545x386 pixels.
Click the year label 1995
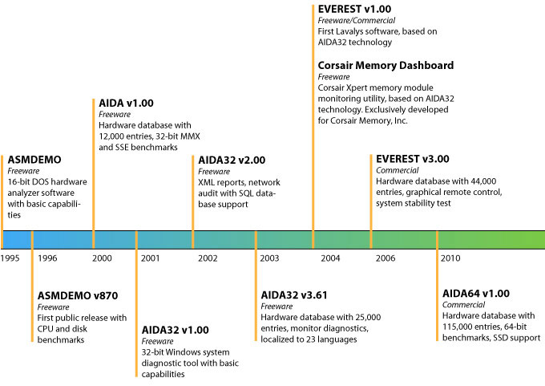(10, 258)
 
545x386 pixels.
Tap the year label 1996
(47, 258)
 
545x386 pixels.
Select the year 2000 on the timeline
(101, 258)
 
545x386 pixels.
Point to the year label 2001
(149, 258)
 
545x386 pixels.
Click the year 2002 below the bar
(208, 258)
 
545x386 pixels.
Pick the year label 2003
(269, 258)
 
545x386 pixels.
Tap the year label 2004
(330, 258)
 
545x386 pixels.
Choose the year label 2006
(386, 258)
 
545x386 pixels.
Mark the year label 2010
(450, 258)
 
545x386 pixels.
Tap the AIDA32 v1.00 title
(176, 329)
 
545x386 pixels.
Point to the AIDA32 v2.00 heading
(232, 160)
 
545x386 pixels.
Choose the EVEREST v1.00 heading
(353, 9)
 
